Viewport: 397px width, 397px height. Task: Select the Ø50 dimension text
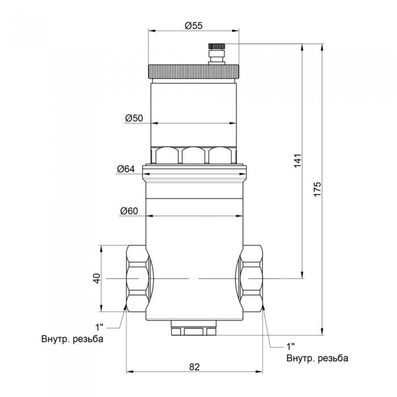coord(134,118)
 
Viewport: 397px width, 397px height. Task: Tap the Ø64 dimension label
coord(126,169)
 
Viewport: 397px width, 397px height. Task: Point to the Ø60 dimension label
coord(129,212)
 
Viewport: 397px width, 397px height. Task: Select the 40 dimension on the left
coord(96,278)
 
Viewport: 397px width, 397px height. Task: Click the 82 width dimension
coord(194,367)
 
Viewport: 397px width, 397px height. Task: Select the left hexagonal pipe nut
coord(137,278)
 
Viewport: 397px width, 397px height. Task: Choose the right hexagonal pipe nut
coord(251,278)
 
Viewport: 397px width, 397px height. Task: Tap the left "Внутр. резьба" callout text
coord(72,340)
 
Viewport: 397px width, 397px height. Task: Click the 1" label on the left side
coord(100,327)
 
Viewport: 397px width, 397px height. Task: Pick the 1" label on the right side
coord(292,346)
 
